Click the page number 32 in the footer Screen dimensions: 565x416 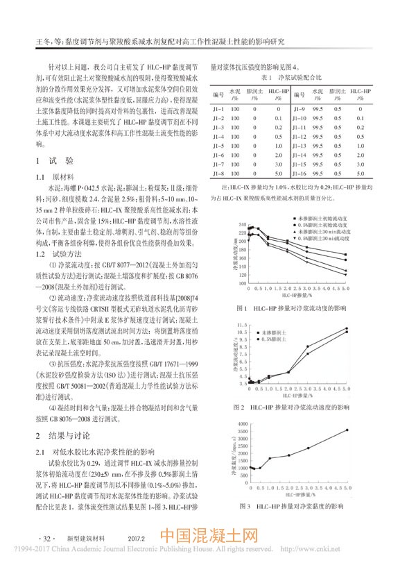[48, 538]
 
